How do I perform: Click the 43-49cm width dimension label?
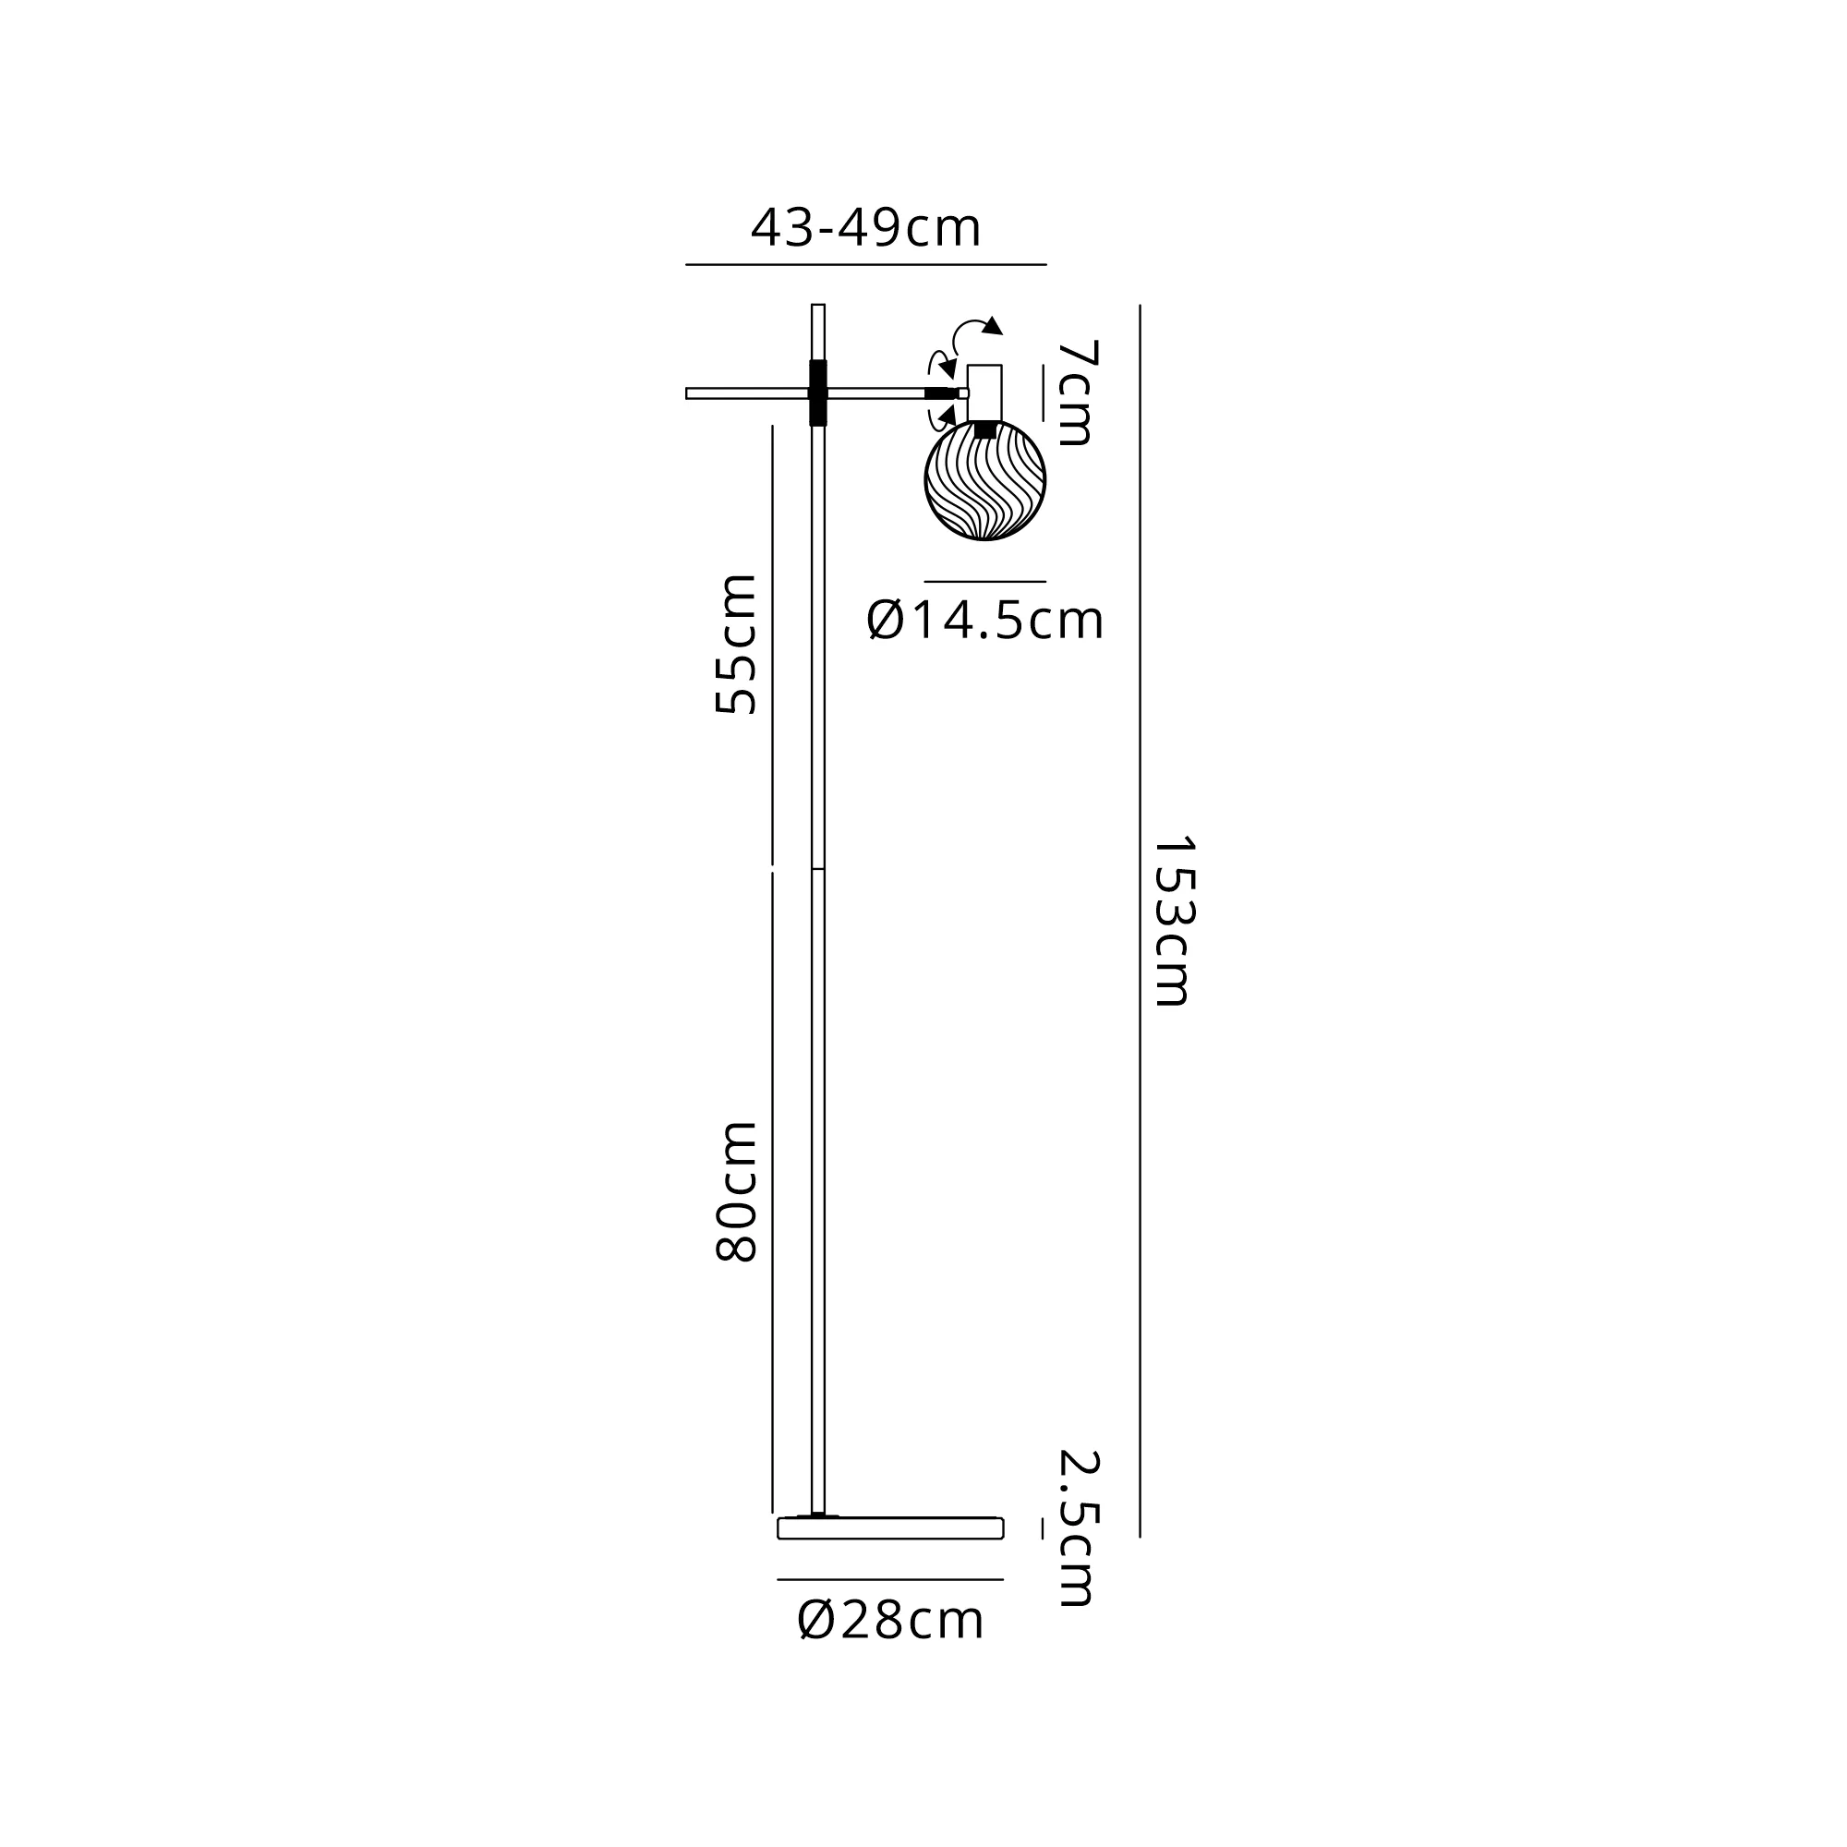click(865, 228)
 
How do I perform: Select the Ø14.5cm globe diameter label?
click(984, 621)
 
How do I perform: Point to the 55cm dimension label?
click(736, 644)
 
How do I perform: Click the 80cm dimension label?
click(736, 1191)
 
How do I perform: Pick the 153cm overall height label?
click(1172, 922)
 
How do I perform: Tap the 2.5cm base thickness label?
click(1079, 1527)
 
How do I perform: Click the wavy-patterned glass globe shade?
click(984, 480)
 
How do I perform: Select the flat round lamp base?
click(890, 1527)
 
